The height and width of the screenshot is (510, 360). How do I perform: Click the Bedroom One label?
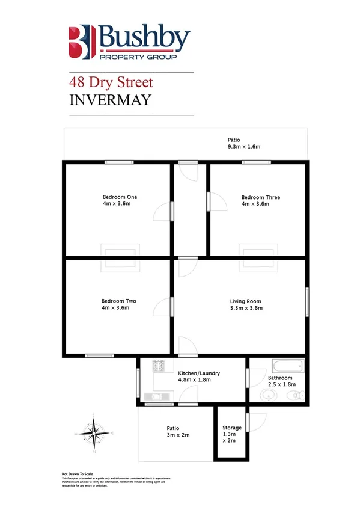[120, 197]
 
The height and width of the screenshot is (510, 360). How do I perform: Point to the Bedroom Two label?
[119, 301]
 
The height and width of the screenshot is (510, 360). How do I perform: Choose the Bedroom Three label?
[260, 197]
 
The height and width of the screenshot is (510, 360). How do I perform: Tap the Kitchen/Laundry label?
[199, 373]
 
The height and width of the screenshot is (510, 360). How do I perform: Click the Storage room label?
[232, 428]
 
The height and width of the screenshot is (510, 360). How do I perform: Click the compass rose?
[94, 432]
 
